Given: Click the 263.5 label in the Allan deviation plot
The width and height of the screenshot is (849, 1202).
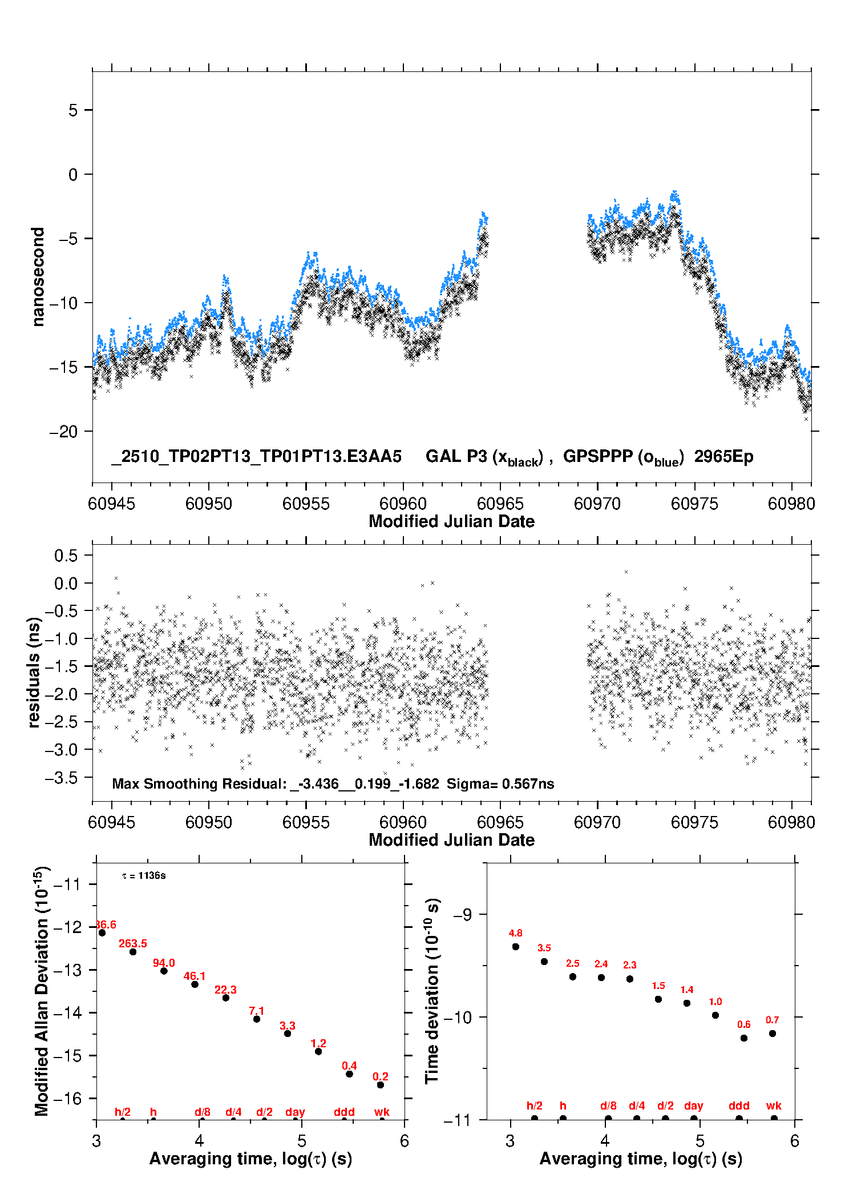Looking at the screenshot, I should (132, 944).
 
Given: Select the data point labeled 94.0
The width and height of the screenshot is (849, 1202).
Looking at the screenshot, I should (164, 971).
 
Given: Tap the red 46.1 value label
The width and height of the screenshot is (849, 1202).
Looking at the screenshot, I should (194, 976).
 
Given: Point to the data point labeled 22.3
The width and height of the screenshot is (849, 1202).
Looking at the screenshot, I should (226, 998).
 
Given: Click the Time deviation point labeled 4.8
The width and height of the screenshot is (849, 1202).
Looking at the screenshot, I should (516, 946).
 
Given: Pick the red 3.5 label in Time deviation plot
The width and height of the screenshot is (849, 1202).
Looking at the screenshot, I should (544, 948).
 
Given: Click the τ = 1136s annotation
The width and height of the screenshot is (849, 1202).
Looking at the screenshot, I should (144, 876).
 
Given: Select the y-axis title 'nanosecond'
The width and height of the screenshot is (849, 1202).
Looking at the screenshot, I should (38, 277).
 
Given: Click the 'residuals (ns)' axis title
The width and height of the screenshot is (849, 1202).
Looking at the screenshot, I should (34, 672).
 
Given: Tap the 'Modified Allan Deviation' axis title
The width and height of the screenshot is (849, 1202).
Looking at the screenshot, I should (42, 991).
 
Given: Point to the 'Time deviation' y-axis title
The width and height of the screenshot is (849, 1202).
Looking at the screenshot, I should (432, 991).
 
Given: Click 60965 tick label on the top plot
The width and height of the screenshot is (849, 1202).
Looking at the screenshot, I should (500, 504).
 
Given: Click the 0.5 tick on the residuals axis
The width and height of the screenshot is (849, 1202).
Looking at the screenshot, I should (66, 556).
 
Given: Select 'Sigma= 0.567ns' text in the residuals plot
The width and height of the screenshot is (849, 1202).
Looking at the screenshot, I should (500, 784).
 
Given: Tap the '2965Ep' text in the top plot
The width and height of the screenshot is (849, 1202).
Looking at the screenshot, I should (723, 456).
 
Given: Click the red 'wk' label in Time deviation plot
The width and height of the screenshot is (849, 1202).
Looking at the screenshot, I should (774, 1106).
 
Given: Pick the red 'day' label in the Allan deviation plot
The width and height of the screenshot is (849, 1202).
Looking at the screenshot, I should (295, 1112).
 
